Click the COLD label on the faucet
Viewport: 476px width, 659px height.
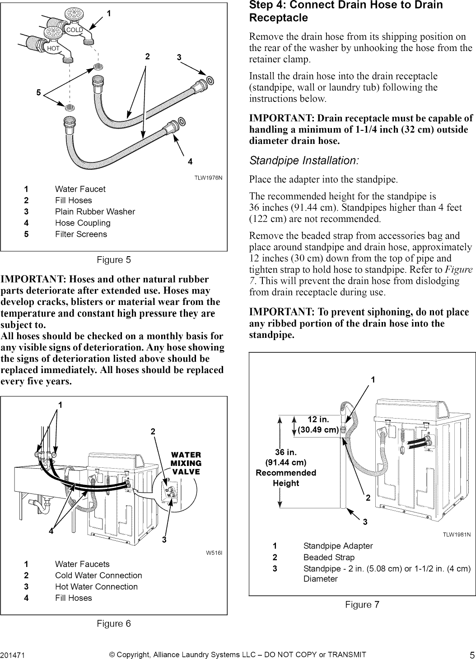tap(74, 30)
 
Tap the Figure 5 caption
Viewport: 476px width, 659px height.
tap(114, 260)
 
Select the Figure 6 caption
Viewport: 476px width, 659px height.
tap(114, 623)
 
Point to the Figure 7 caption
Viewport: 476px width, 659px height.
tap(362, 604)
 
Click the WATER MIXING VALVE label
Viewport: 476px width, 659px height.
tap(186, 463)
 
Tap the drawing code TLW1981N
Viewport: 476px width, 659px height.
tap(457, 535)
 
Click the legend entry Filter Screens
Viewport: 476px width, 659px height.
tap(81, 234)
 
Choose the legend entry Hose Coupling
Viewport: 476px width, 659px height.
tap(83, 223)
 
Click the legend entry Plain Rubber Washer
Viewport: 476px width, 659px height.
tap(95, 212)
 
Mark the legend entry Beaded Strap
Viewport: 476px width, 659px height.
tap(329, 558)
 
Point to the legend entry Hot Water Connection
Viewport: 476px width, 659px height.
tap(96, 586)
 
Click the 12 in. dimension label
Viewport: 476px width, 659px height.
tap(318, 419)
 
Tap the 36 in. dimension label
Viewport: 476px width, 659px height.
tap(286, 452)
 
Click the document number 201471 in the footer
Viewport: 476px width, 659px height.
tap(12, 655)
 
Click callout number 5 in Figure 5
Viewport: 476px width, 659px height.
tap(39, 93)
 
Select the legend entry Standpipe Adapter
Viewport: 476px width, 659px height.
tap(338, 546)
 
